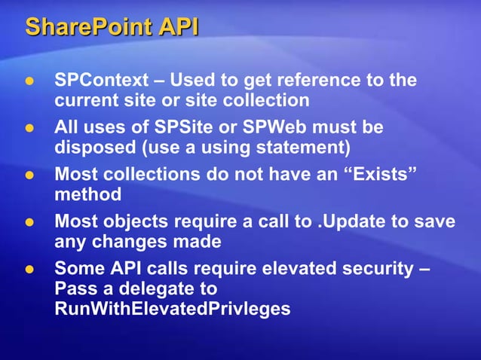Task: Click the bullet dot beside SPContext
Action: pos(30,81)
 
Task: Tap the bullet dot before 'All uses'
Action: pos(30,129)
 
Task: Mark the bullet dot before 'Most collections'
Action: pos(30,176)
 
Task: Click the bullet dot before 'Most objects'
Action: pos(30,224)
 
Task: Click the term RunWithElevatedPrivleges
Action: pos(173,309)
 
